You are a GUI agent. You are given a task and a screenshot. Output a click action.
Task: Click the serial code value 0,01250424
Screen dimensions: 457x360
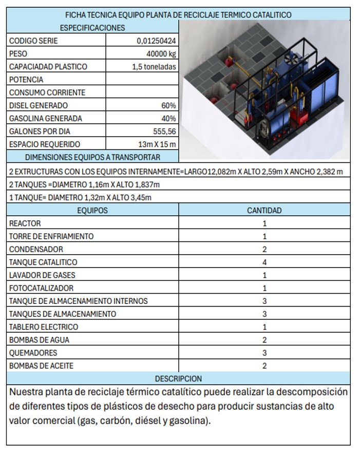click(x=156, y=41)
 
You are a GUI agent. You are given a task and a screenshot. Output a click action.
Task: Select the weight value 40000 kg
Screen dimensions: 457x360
click(x=161, y=53)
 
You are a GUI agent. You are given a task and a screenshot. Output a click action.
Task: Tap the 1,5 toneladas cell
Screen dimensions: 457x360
click(x=154, y=66)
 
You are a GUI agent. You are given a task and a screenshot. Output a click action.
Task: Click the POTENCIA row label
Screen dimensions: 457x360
click(x=26, y=80)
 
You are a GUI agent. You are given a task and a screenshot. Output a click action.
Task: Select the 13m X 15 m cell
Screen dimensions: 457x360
click(x=157, y=144)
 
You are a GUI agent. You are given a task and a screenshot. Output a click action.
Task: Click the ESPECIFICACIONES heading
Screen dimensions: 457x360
click(x=92, y=28)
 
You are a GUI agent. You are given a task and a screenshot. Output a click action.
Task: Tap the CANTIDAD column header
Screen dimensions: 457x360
click(x=264, y=210)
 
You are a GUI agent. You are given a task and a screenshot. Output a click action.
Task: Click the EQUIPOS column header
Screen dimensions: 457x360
click(x=92, y=210)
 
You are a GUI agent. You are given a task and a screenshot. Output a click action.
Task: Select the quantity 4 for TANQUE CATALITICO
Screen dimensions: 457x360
click(x=264, y=262)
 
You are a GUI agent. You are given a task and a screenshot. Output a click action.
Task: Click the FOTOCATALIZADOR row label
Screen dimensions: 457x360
click(x=41, y=288)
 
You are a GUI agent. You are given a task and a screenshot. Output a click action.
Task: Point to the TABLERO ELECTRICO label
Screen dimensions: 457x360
click(x=44, y=327)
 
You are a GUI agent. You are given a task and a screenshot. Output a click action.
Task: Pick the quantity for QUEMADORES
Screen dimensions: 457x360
click(x=264, y=353)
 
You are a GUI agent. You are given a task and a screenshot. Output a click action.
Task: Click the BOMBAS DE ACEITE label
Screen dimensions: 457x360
click(x=41, y=366)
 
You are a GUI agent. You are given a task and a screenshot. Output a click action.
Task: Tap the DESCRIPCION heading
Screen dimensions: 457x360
click(x=178, y=378)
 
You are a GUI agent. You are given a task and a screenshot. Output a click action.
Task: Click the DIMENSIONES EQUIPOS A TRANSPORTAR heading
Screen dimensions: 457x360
click(x=92, y=157)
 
